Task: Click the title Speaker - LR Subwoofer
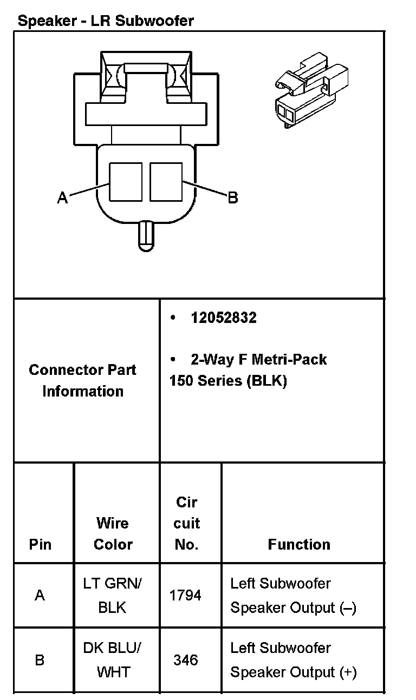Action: (x=106, y=21)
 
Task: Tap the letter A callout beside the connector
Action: (x=63, y=199)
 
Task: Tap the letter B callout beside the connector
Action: (x=233, y=198)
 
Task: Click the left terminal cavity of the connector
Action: (x=126, y=182)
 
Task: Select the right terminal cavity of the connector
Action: (x=166, y=182)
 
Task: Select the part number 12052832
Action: (x=223, y=318)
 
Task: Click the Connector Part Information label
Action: (x=83, y=380)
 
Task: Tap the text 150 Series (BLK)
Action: (x=228, y=381)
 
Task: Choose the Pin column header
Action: (x=40, y=544)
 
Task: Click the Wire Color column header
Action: (x=113, y=533)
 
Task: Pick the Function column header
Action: (x=299, y=544)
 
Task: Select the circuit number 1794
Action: (x=185, y=595)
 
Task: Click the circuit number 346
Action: (x=185, y=660)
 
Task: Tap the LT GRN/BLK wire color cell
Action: (x=113, y=595)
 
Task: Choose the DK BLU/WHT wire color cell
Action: (x=113, y=660)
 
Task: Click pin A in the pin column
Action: (x=40, y=596)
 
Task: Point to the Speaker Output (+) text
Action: (x=294, y=672)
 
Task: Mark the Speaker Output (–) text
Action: (x=294, y=608)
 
